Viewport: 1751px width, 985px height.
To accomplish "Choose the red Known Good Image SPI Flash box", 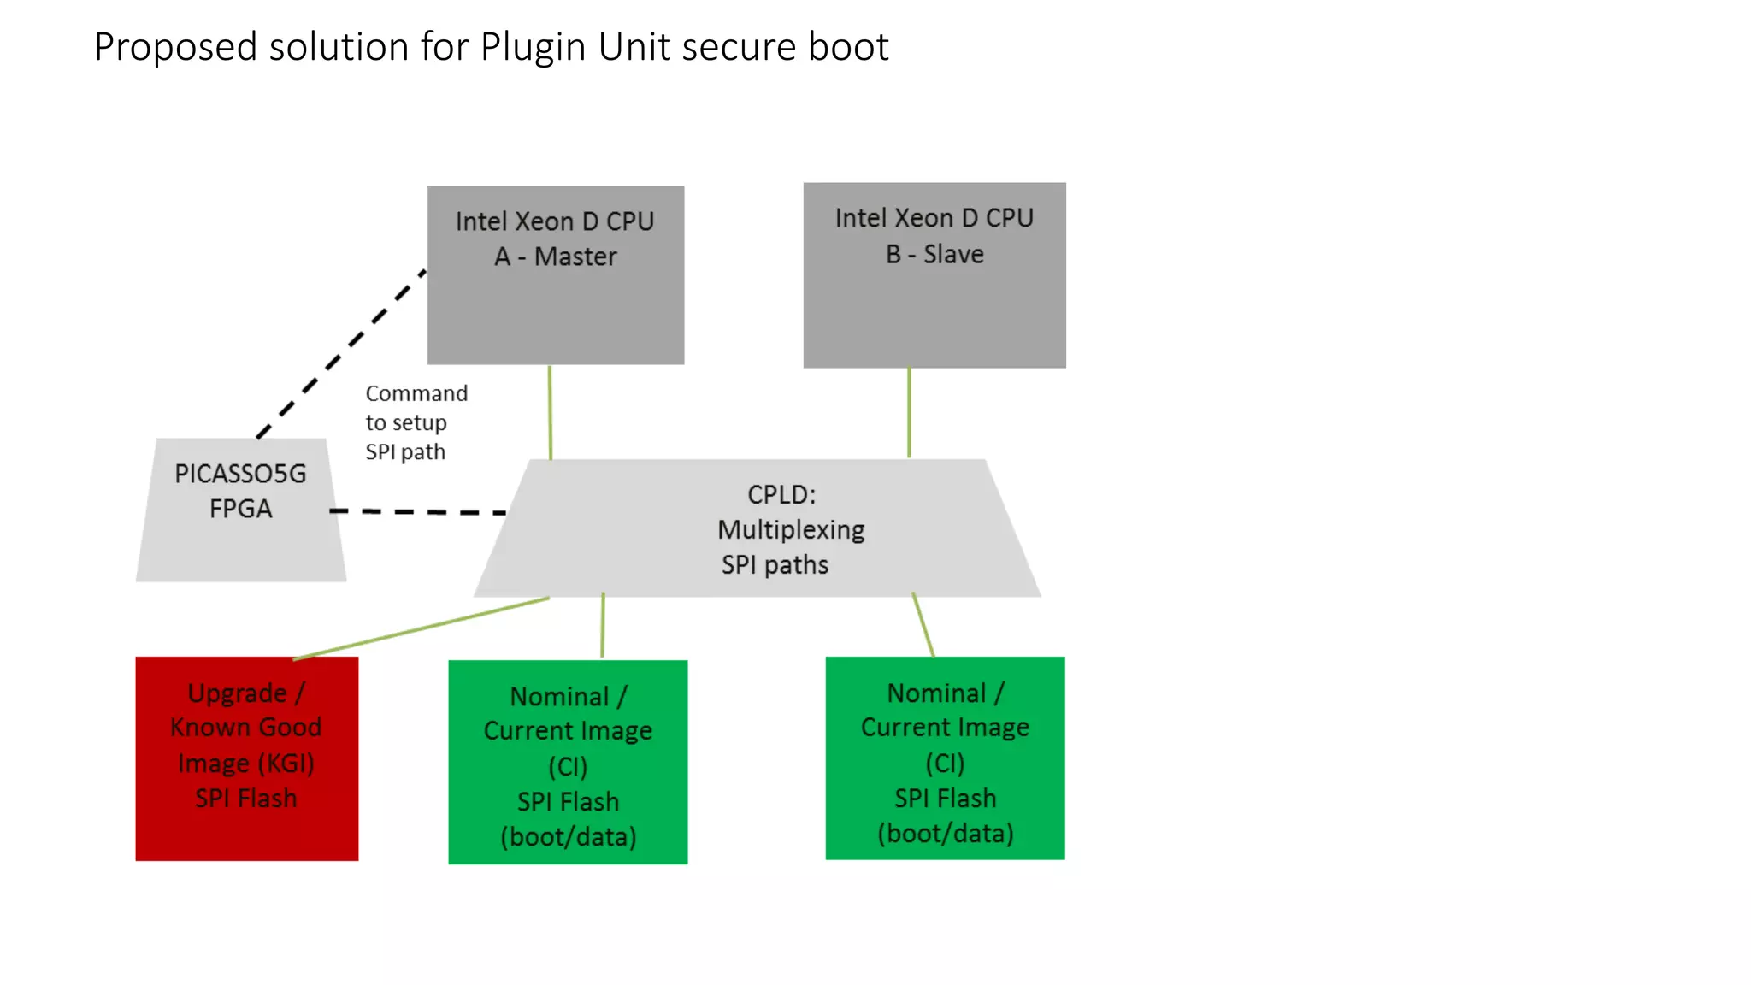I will (x=246, y=829).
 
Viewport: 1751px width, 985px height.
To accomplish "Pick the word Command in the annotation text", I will (x=416, y=393).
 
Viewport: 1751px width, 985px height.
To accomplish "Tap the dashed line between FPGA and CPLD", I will (x=419, y=511).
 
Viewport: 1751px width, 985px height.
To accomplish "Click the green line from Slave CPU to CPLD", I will (x=909, y=412).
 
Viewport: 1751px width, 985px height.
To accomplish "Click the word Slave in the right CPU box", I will (x=953, y=255).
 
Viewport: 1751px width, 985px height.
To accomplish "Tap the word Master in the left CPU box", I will (x=575, y=257).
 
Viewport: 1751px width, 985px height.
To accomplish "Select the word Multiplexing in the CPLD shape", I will (x=791, y=530).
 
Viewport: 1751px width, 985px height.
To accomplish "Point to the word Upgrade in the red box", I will (x=237, y=693).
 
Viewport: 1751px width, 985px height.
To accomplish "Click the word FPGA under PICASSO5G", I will (x=240, y=509).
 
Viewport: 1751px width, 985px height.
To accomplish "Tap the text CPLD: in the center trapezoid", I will (x=781, y=494).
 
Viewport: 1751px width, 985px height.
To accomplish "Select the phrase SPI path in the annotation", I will (x=405, y=451).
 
